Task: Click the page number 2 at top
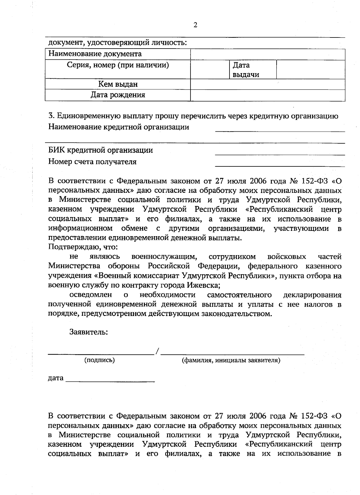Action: [195, 25]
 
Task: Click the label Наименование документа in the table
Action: [95, 54]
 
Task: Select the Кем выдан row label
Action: [118, 84]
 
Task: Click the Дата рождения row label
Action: [118, 95]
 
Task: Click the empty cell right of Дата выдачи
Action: [310, 70]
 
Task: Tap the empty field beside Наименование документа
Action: [268, 54]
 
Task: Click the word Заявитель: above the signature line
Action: [88, 332]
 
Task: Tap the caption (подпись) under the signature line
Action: [100, 360]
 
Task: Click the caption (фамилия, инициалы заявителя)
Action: [231, 360]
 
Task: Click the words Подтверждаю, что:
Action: [83, 247]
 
